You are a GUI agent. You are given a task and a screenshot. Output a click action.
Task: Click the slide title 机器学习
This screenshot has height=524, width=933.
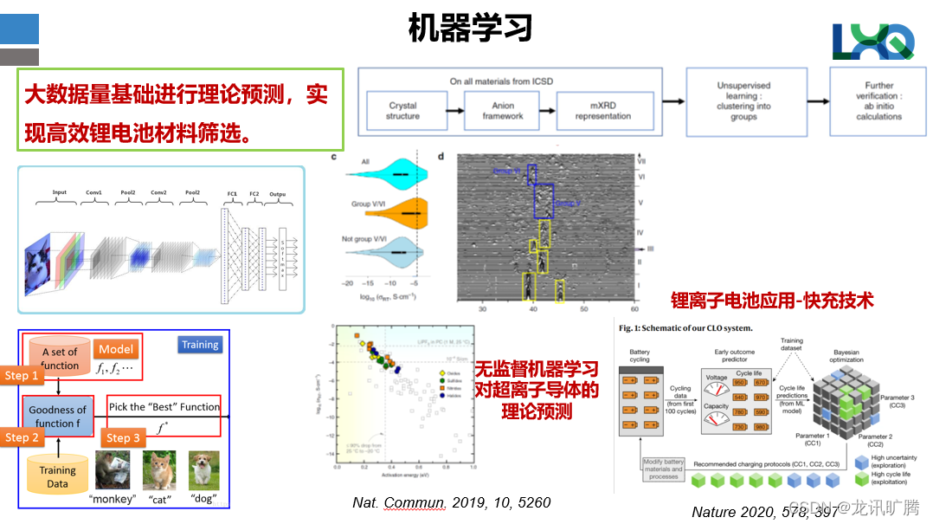tap(470, 28)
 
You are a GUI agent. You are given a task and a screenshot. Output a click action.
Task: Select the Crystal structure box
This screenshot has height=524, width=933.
tap(402, 111)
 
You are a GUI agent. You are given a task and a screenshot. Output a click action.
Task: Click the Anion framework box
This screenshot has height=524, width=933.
tap(503, 111)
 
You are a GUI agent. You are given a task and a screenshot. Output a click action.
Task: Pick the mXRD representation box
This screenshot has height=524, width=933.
tap(603, 111)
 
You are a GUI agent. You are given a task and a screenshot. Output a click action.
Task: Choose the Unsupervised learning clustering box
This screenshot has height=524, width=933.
tap(743, 101)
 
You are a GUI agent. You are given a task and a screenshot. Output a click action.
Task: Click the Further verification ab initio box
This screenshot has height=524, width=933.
tap(878, 101)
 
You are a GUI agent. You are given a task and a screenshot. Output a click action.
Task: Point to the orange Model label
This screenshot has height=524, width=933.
tap(116, 349)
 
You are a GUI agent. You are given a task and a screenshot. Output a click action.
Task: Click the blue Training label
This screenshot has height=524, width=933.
tap(200, 345)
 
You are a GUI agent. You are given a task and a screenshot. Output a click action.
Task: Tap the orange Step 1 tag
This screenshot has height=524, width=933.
tap(22, 375)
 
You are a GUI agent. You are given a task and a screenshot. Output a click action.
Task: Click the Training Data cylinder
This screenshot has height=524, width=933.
tap(57, 474)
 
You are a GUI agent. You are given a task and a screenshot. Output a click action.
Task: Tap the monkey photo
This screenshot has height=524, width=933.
tap(113, 470)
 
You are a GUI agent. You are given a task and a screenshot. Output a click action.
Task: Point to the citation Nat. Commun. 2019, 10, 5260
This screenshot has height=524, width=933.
tap(451, 502)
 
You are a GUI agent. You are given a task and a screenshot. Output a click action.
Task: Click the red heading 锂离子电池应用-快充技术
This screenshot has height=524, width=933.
tap(772, 301)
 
